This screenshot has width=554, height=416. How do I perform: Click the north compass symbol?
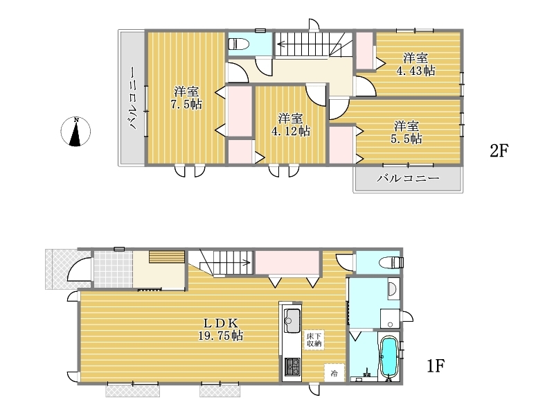[x=75, y=132]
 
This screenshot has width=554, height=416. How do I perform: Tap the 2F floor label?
[x=499, y=151]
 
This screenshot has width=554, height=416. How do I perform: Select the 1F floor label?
[x=436, y=365]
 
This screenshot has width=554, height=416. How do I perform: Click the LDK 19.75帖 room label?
[x=220, y=329]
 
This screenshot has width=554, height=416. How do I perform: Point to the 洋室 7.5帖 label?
[x=186, y=98]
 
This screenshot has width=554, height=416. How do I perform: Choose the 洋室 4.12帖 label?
[x=291, y=125]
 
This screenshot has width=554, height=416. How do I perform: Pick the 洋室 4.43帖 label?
[x=415, y=64]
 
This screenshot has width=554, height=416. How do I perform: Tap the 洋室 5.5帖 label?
[x=406, y=132]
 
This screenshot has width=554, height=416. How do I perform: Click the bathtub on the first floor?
[x=389, y=356]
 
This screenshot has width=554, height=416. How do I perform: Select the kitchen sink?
[x=292, y=321]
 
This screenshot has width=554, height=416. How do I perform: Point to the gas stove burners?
[x=292, y=367]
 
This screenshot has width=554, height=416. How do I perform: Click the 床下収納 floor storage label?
[x=314, y=340]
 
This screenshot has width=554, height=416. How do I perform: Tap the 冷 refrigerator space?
[x=334, y=373]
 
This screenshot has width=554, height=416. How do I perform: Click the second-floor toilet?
[x=238, y=44]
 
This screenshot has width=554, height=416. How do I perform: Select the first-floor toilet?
[x=391, y=263]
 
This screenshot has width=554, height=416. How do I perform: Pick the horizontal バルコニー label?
[x=408, y=178]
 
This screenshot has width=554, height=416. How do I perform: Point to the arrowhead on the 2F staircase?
[x=280, y=44]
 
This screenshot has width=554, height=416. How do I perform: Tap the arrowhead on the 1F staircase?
[x=248, y=263]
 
